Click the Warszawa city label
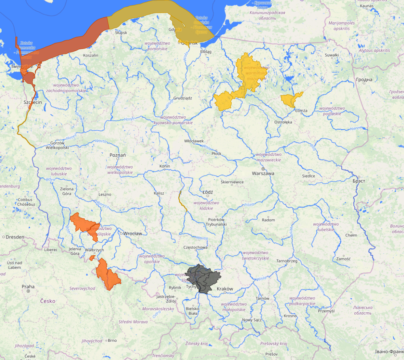tap(263, 173)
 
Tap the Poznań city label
tap(118, 155)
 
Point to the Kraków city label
tap(225, 289)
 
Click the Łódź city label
tap(207, 192)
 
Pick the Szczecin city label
tap(32, 103)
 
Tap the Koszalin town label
tap(91, 55)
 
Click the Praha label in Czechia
tap(28, 286)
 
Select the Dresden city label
tap(14, 237)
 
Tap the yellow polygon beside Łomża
tap(291, 99)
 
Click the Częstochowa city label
tap(195, 247)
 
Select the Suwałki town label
tap(331, 55)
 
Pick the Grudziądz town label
tap(182, 98)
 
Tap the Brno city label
tap(112, 340)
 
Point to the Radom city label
tap(268, 220)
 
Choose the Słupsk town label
tap(121, 33)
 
